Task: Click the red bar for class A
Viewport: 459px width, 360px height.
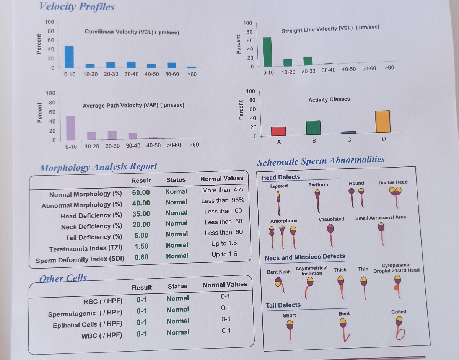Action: click(x=278, y=131)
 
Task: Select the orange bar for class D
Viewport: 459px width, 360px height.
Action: click(x=383, y=122)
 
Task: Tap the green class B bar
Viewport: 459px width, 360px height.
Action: click(x=313, y=128)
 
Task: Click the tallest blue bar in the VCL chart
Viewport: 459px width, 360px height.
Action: click(x=69, y=57)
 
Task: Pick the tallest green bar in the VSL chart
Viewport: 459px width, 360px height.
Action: click(x=267, y=52)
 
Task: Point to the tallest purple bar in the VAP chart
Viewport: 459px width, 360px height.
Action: click(x=70, y=128)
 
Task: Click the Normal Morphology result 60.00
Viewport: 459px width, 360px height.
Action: click(x=141, y=192)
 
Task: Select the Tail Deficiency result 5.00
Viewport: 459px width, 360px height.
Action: click(x=141, y=235)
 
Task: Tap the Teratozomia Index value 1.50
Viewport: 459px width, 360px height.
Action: click(x=142, y=246)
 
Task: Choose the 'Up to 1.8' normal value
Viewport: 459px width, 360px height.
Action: click(x=224, y=243)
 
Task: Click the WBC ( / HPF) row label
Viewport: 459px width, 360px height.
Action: click(x=102, y=336)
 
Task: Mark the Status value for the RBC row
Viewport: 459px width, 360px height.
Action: click(x=177, y=298)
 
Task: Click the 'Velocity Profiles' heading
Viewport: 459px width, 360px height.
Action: click(x=77, y=7)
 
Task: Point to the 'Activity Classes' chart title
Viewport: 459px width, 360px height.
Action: click(x=329, y=99)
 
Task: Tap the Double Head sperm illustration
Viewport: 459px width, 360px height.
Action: click(x=396, y=197)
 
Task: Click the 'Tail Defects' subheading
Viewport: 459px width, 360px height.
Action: click(x=283, y=305)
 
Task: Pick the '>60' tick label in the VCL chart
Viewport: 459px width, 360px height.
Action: click(x=192, y=74)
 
